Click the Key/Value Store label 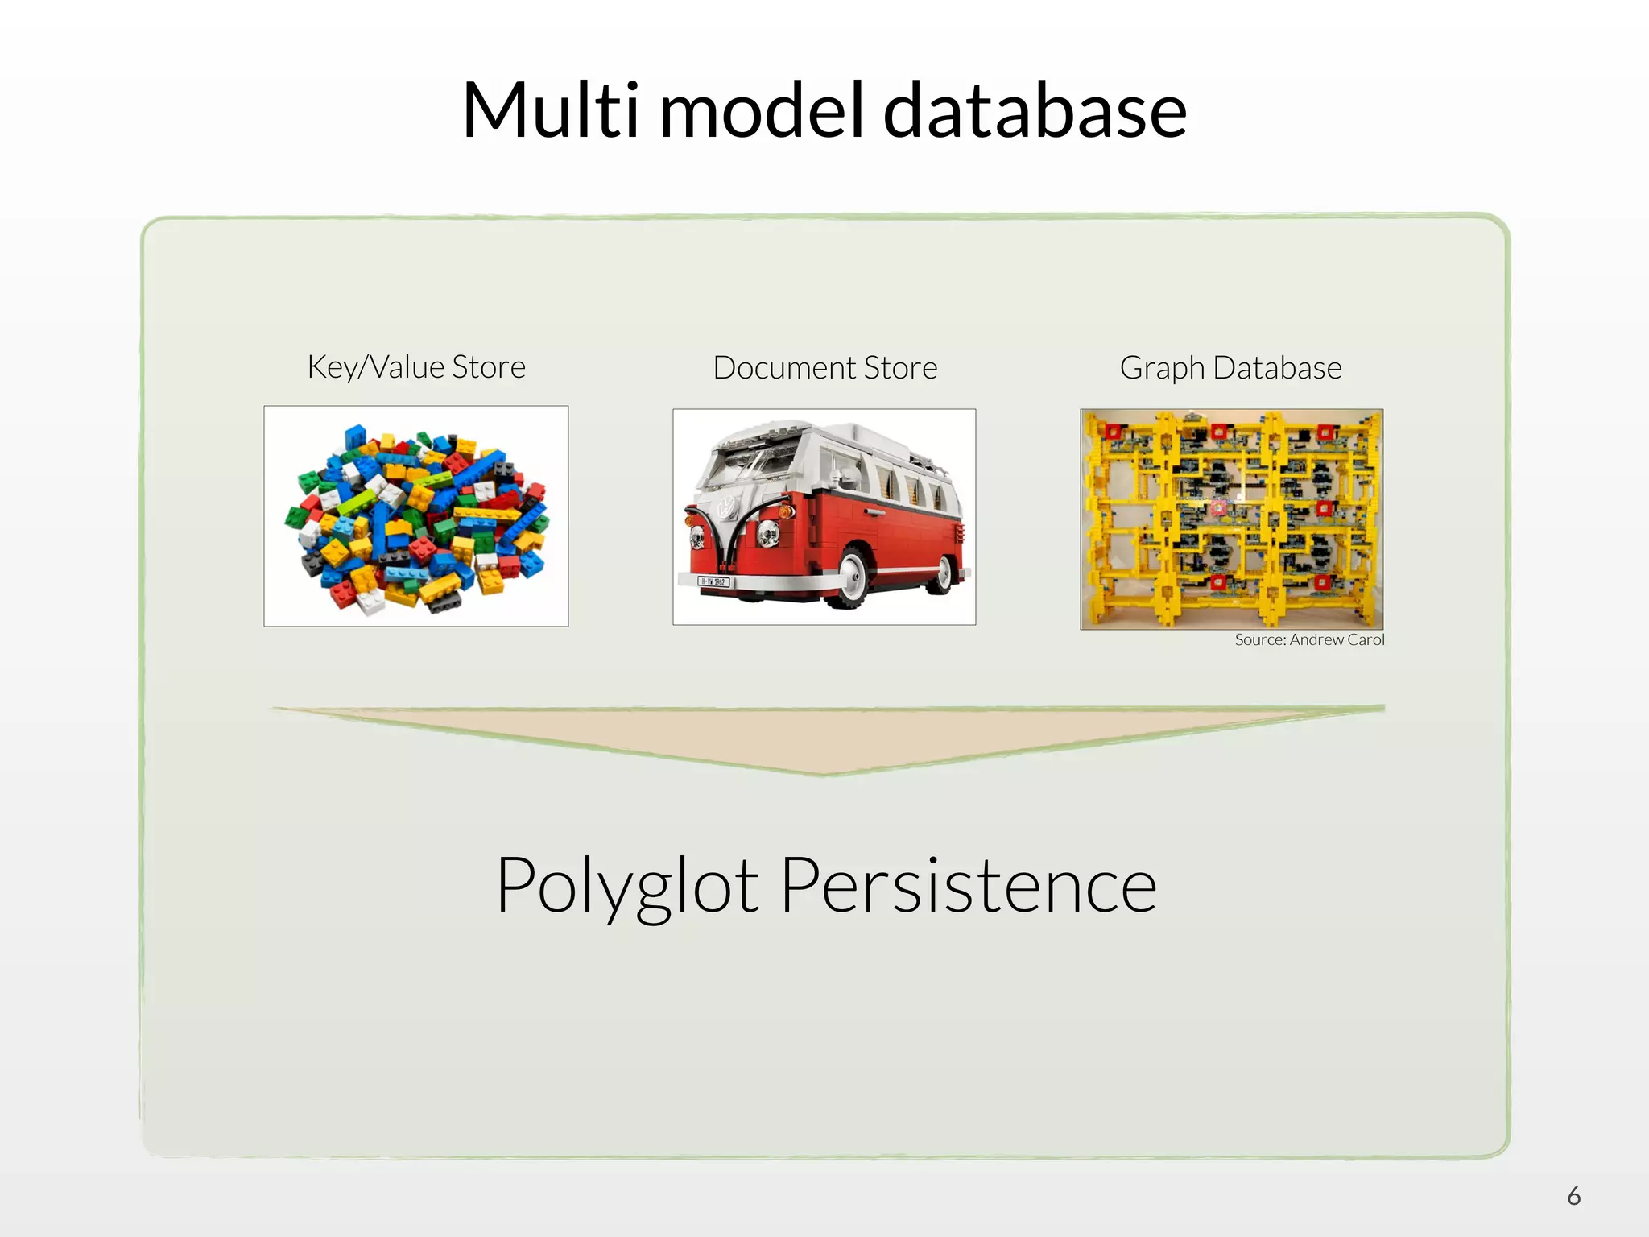pos(416,367)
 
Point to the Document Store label pos(825,368)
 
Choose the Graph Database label pos(1230,368)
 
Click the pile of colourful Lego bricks pos(416,516)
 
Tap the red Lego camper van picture pos(824,516)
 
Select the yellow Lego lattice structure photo pos(1231,519)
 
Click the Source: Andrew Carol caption pos(1309,640)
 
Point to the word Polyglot pos(627,886)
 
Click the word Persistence pos(969,885)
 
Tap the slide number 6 pos(1574,1196)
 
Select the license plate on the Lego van pos(713,581)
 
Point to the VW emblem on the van pos(727,507)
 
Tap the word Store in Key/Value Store pos(489,367)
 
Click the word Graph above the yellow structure pos(1162,369)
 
